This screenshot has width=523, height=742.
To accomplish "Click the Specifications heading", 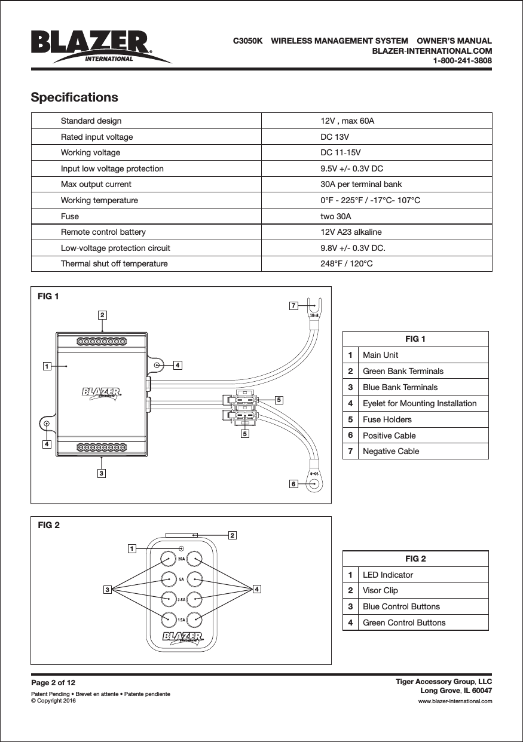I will (74, 97).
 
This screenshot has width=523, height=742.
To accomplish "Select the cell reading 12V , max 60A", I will (347, 121).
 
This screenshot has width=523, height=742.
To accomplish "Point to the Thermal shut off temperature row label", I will (114, 263).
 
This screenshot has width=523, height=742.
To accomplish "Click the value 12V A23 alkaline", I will (351, 232).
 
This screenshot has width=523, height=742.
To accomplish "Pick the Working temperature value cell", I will (370, 200).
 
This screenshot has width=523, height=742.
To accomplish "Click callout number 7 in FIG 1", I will (293, 306).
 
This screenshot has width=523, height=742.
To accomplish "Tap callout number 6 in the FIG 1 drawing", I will (293, 483).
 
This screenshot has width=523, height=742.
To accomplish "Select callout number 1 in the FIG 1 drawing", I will (45, 365).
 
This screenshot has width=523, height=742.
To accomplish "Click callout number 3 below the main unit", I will (102, 473).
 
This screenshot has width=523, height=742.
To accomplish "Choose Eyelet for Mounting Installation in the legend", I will (420, 403).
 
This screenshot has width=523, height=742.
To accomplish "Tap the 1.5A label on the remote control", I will (181, 621).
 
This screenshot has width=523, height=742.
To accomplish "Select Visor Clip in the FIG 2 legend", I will (380, 590).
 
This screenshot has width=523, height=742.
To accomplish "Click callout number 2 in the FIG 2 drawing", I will (232, 535).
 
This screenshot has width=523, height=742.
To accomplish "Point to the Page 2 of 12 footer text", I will (53, 682).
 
